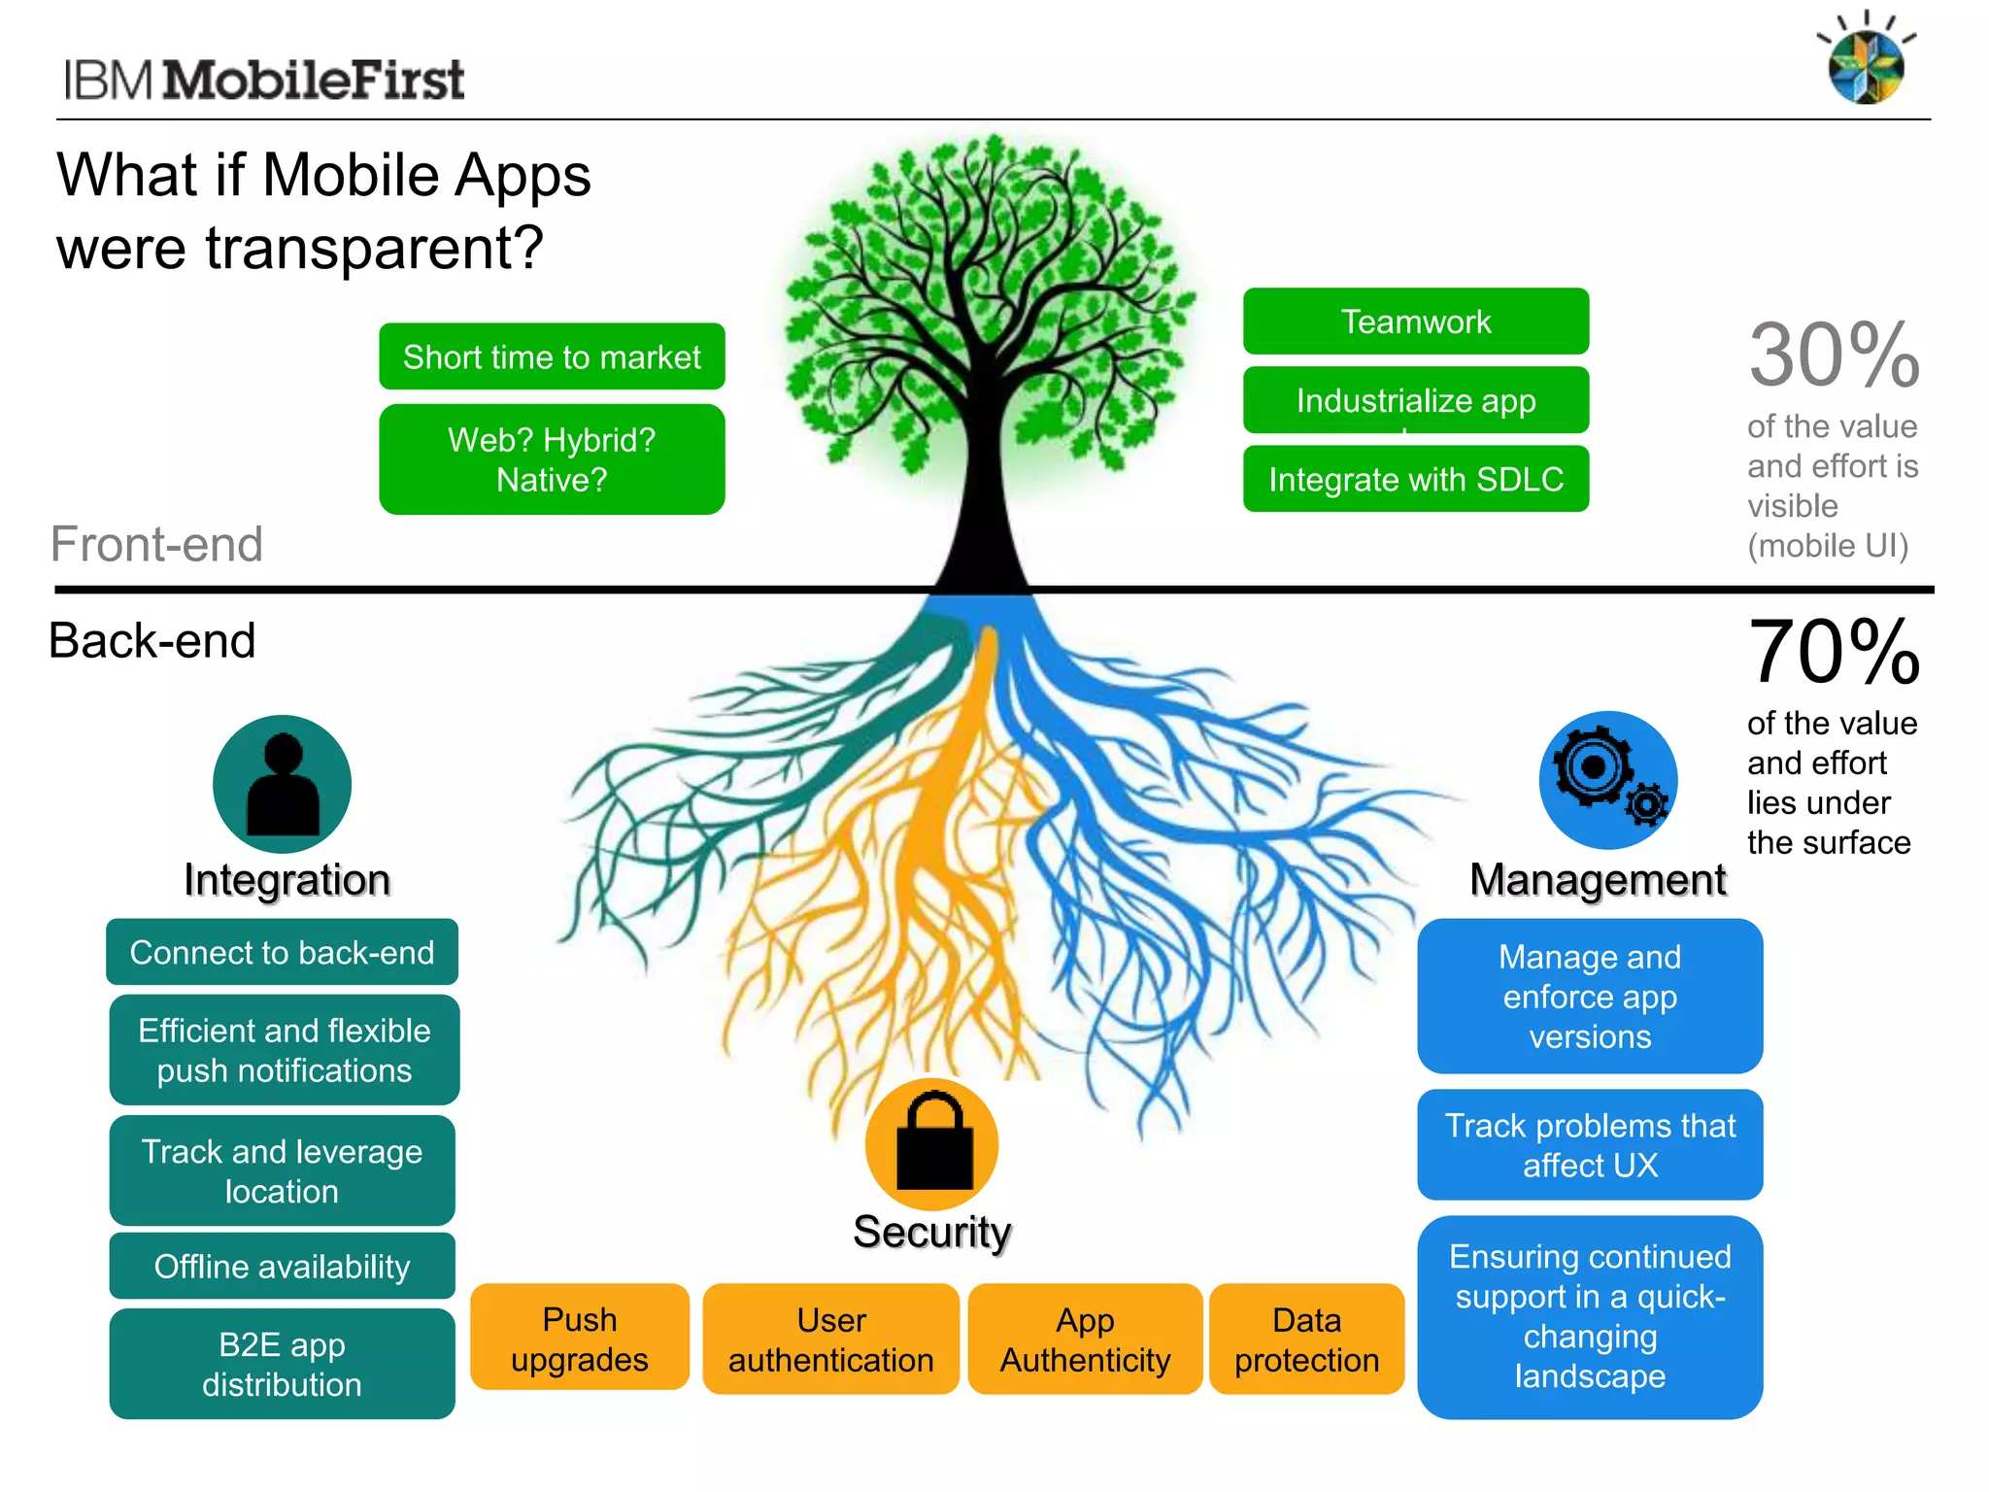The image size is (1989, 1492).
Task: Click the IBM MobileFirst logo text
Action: point(264,80)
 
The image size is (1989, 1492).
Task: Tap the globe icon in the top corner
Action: point(1866,66)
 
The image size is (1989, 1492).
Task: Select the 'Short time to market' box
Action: point(552,356)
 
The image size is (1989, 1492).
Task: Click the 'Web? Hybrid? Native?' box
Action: point(552,459)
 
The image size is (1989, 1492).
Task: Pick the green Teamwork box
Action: point(1415,322)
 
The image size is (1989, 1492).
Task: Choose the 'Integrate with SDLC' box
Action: point(1415,479)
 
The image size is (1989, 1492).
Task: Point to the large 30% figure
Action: point(1834,356)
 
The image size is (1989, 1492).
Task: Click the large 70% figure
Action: point(1834,653)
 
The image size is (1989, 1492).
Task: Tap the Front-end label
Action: point(156,544)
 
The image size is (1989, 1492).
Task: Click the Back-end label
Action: point(152,641)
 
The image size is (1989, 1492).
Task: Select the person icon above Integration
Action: point(282,785)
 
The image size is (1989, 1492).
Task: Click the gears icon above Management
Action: point(1607,780)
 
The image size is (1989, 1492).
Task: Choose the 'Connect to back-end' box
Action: point(282,952)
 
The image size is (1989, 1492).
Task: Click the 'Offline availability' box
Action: point(282,1266)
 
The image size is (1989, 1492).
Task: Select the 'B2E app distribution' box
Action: point(282,1364)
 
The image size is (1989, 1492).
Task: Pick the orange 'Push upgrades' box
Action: point(580,1339)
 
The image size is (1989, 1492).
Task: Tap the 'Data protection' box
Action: point(1306,1339)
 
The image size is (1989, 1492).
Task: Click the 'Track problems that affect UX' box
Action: point(1590,1144)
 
